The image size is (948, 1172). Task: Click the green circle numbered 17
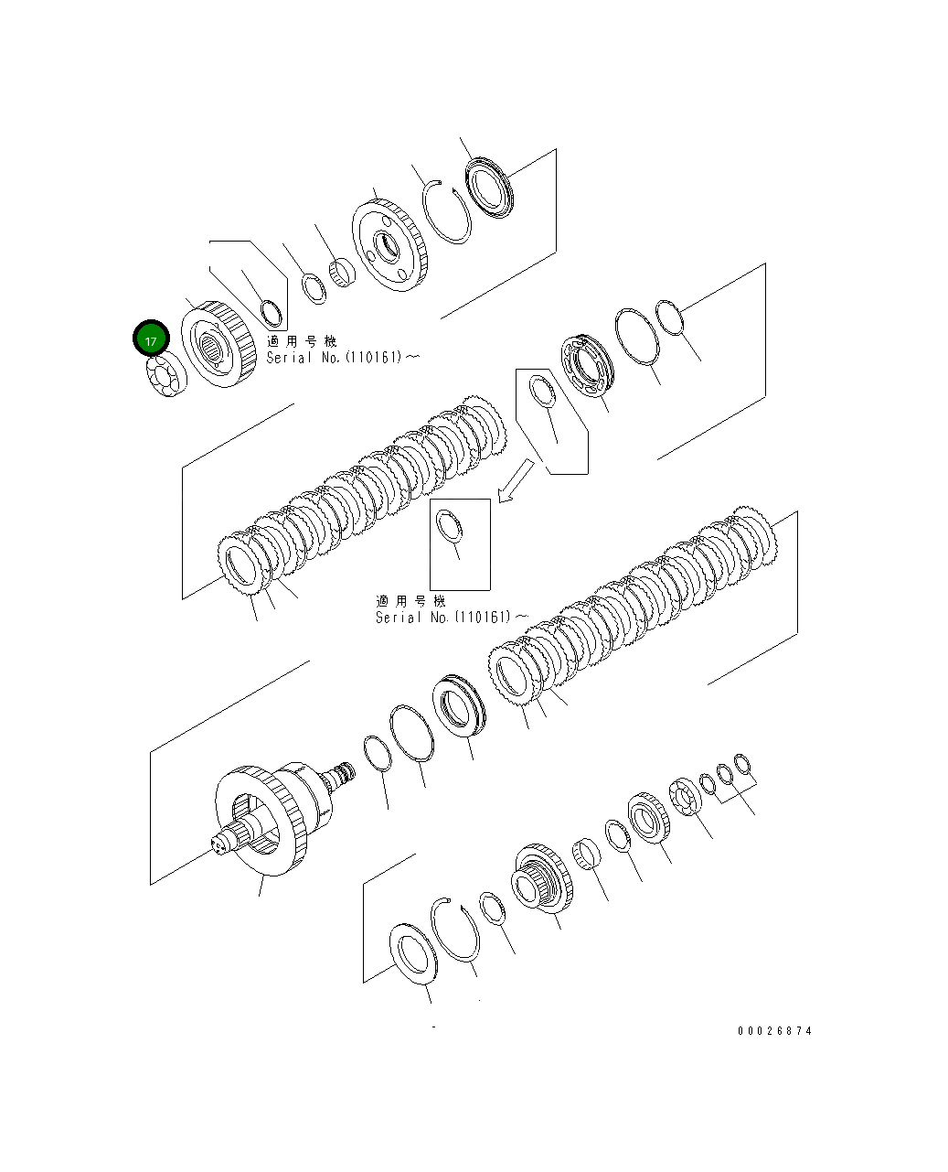click(151, 339)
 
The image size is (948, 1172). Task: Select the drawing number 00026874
click(774, 1031)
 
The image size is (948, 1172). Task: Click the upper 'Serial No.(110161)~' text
click(343, 358)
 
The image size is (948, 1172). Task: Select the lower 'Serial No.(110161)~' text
click(451, 618)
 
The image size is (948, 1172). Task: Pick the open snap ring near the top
click(447, 211)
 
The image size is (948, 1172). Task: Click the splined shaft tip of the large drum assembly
click(225, 843)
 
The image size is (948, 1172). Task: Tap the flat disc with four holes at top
click(390, 247)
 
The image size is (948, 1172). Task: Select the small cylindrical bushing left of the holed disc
click(342, 271)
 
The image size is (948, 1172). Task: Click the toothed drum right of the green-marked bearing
click(218, 345)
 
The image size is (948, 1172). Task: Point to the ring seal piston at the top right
click(491, 188)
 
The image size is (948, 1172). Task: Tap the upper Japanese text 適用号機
click(302, 341)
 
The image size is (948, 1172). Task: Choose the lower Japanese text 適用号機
click(410, 601)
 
